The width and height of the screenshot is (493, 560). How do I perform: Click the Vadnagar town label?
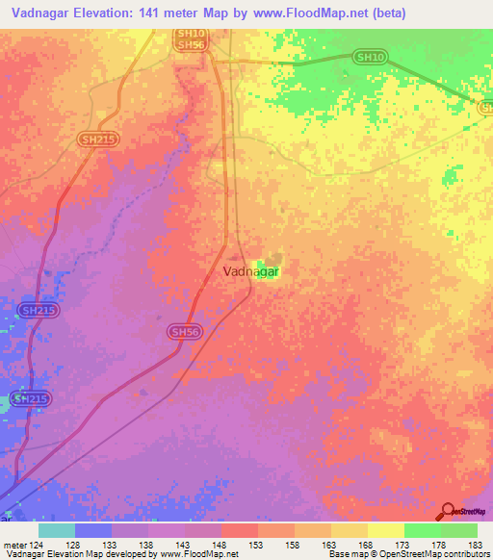(237, 272)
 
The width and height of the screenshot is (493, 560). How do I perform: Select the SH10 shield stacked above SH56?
(190, 34)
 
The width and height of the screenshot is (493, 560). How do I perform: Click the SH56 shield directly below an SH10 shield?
(190, 45)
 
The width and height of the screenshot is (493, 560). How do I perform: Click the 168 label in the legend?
(367, 547)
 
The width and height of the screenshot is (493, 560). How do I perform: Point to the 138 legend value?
(148, 547)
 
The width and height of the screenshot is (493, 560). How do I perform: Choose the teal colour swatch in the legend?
(56, 530)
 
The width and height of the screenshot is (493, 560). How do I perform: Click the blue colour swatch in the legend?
(92, 530)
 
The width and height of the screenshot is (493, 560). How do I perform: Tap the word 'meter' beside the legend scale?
(13, 547)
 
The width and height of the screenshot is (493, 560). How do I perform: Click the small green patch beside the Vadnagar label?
(263, 263)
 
